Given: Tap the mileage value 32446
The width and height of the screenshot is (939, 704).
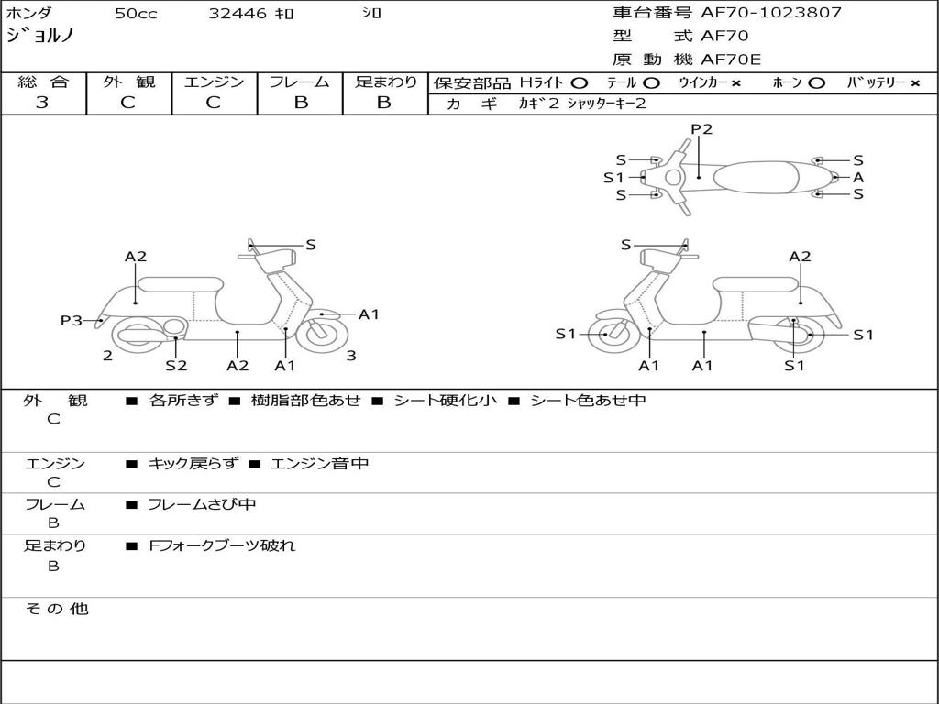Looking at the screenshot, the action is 238,14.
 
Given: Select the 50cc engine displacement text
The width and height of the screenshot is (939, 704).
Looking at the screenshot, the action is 134,14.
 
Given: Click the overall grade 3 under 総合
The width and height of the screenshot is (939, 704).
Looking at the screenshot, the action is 42,103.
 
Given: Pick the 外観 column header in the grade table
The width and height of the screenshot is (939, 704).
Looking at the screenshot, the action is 128,82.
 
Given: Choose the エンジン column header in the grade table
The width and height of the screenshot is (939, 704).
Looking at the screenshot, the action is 214,82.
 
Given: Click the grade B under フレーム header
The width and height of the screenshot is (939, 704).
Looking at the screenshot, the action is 300,103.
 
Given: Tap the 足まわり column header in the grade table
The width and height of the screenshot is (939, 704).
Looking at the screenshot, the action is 385,82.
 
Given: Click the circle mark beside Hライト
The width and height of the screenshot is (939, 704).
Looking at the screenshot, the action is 579,83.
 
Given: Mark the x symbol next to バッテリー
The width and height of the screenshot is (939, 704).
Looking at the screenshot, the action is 915,83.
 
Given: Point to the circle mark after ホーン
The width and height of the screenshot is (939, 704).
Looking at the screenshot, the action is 816,83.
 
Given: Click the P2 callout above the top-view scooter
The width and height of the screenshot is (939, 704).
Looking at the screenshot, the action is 701,129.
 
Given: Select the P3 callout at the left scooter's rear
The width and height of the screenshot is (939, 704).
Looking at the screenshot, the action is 71,320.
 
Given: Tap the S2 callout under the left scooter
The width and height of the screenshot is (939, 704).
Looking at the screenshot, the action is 176,365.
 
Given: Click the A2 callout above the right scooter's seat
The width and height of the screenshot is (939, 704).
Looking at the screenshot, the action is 800,257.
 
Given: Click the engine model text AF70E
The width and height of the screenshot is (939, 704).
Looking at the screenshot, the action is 731,60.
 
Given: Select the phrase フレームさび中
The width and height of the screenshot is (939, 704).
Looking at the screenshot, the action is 202,504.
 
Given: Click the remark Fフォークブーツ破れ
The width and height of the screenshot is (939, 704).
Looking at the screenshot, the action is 222,545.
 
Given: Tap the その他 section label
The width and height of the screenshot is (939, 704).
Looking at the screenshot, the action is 56,609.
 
